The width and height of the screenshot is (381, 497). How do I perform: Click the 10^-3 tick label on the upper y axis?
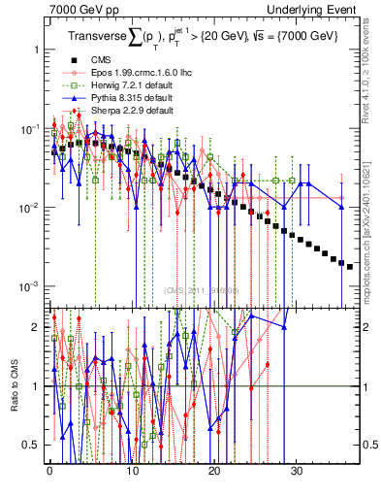(29, 287)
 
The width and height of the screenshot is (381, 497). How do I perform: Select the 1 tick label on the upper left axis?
(34, 49)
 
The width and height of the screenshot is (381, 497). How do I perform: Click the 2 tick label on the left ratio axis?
(35, 327)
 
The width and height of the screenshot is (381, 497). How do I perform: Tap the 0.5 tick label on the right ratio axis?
(368, 446)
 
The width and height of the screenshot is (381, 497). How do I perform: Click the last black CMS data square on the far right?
(350, 266)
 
